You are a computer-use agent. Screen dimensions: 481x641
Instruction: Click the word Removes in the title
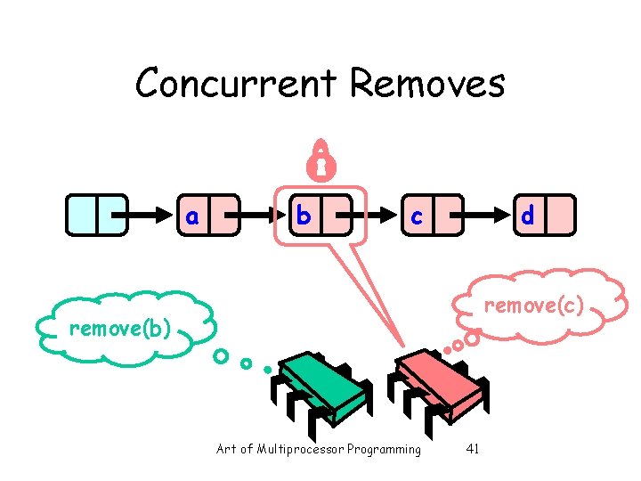tap(427, 85)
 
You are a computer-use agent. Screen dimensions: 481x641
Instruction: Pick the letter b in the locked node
tap(304, 216)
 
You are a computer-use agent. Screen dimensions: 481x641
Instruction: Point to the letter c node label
tap(416, 216)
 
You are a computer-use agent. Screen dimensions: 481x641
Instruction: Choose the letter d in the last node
tap(528, 216)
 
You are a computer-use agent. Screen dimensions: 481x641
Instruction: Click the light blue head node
tap(96, 216)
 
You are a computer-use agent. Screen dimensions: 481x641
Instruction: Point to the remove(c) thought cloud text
tap(533, 306)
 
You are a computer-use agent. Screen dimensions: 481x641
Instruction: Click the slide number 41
tap(473, 449)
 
